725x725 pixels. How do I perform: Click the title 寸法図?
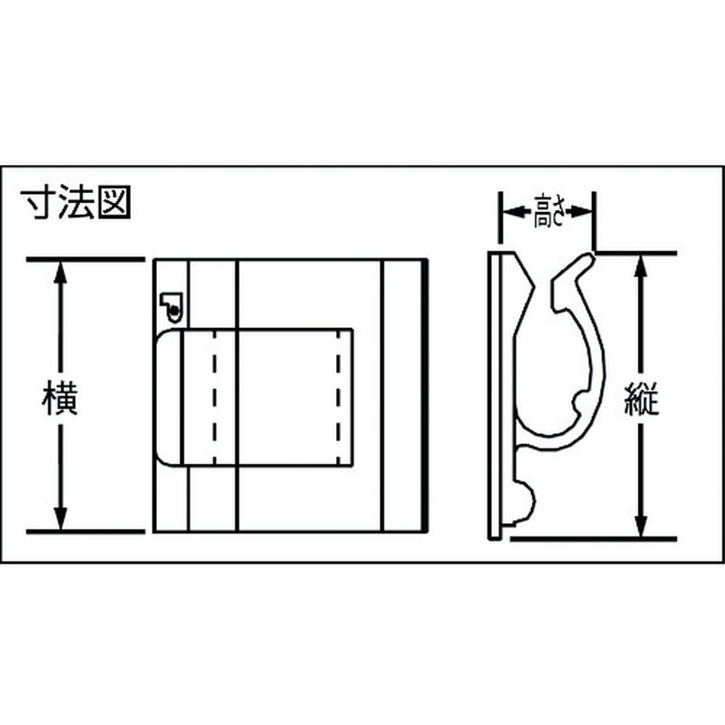click(x=76, y=202)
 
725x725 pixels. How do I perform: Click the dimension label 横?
click(x=60, y=398)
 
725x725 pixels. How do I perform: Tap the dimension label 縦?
click(x=641, y=398)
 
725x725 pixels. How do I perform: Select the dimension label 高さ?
click(x=549, y=212)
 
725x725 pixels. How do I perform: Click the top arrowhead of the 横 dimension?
click(x=61, y=273)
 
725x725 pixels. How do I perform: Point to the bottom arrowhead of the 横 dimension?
click(x=61, y=518)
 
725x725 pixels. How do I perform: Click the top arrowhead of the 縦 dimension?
click(x=641, y=266)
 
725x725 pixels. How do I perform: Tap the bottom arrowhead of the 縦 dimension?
click(x=641, y=526)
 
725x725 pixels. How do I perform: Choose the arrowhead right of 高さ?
click(x=580, y=212)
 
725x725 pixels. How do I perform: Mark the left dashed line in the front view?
click(x=215, y=397)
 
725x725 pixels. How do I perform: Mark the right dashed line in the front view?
click(x=338, y=397)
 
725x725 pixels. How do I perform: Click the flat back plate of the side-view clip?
click(x=494, y=396)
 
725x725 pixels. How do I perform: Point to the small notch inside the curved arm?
click(x=579, y=403)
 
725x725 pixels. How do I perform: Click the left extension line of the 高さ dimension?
click(x=500, y=217)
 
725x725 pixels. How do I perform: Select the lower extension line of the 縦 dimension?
click(x=594, y=538)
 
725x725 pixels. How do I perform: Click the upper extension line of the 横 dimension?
click(x=85, y=259)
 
